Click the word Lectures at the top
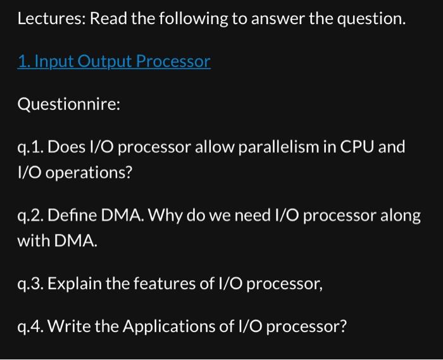click(50, 19)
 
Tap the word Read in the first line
click(108, 19)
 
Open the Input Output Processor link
click(114, 62)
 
